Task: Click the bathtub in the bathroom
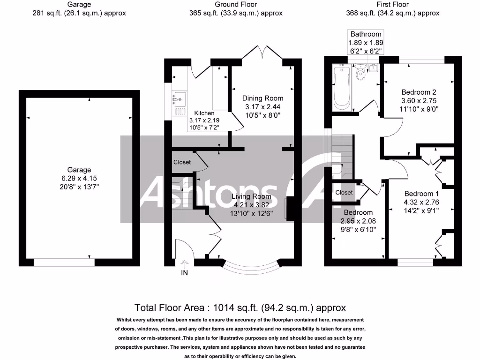click(x=341, y=88)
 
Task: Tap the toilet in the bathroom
click(x=360, y=73)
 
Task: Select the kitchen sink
click(x=179, y=99)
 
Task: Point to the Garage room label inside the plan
click(x=79, y=170)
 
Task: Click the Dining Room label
click(x=262, y=98)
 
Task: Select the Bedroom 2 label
click(x=412, y=92)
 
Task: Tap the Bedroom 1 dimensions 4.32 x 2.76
click(x=421, y=202)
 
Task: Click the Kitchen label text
click(x=204, y=113)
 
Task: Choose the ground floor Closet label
click(x=182, y=162)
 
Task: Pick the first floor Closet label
click(x=344, y=193)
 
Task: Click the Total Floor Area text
click(x=240, y=308)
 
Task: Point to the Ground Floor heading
click(x=236, y=4)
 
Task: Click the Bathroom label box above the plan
click(x=366, y=42)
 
